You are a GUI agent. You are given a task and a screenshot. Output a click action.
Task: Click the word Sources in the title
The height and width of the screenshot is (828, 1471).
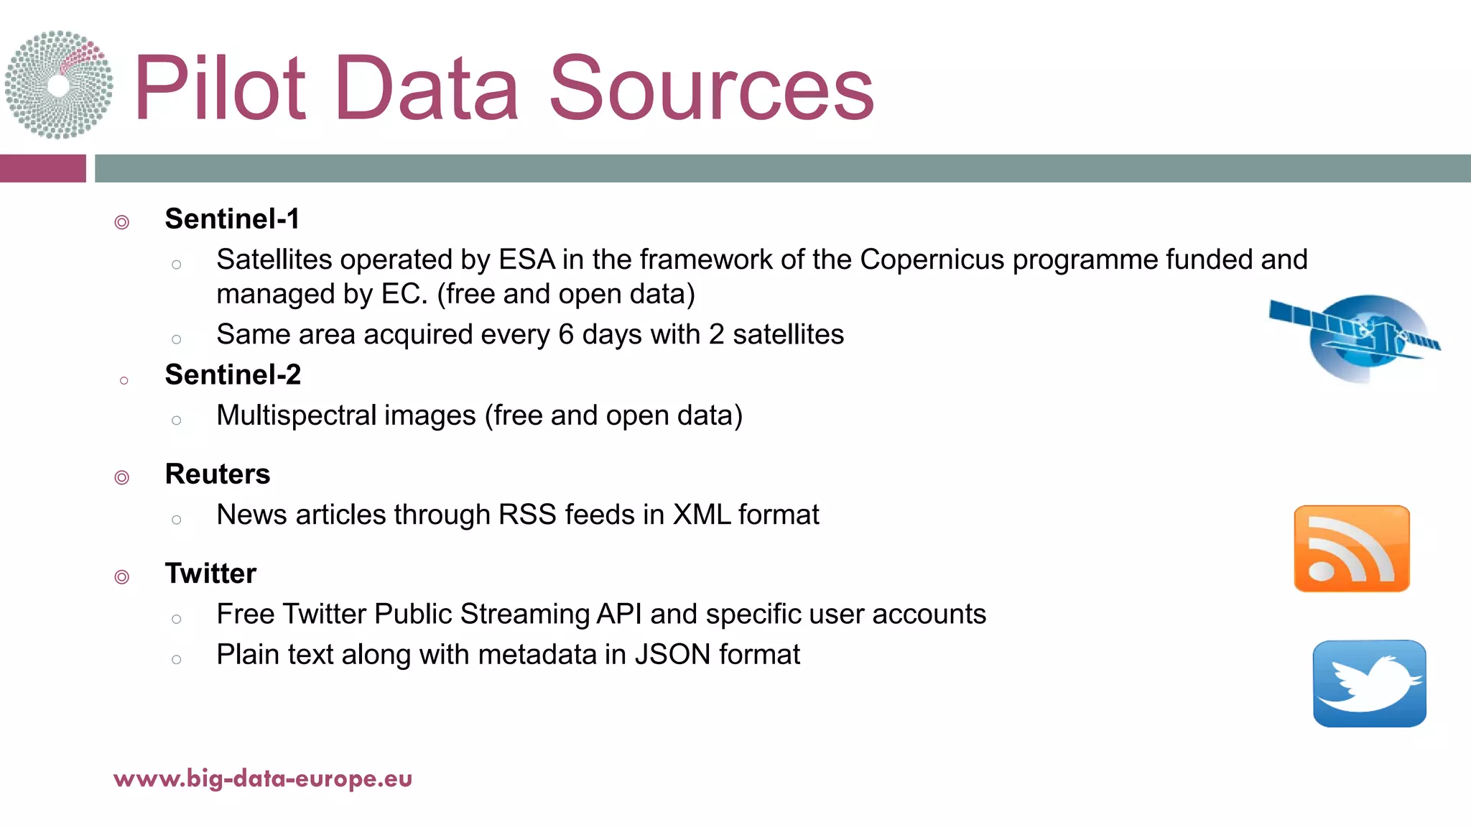[x=711, y=89]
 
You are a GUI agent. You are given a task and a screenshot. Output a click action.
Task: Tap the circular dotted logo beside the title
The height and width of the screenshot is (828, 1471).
[x=59, y=85]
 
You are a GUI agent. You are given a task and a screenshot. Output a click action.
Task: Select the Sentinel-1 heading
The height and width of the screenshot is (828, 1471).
[x=232, y=219]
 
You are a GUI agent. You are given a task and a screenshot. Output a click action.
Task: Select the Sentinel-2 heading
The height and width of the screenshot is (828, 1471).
[x=233, y=375]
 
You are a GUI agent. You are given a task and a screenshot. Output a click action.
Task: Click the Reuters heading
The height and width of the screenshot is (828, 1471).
[x=218, y=474]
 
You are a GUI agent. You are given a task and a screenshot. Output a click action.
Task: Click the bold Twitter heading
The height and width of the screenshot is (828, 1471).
[x=210, y=574]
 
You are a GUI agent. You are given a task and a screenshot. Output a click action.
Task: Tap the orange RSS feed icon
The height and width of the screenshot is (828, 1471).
[x=1351, y=549]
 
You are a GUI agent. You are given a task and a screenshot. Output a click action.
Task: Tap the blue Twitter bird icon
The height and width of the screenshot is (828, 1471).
[x=1369, y=684]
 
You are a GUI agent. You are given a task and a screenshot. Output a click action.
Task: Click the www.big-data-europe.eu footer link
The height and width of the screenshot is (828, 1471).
[x=263, y=778]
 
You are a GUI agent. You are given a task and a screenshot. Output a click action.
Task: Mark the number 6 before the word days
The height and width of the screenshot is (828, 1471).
[x=566, y=335]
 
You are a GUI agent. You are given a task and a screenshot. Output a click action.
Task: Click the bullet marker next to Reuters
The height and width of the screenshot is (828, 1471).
[x=122, y=477]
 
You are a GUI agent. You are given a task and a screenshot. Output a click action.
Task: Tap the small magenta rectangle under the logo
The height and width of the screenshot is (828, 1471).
[x=42, y=168]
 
